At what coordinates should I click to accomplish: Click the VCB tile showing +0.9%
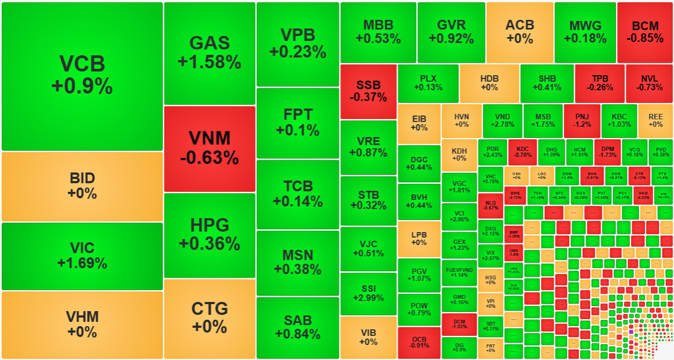click(82, 76)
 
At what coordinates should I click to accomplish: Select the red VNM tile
click(209, 148)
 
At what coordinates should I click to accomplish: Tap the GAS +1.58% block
click(209, 53)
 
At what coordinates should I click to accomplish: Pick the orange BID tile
click(82, 186)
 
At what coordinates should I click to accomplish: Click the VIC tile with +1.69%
click(82, 256)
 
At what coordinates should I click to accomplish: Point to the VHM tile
click(82, 324)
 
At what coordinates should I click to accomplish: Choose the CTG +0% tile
click(209, 318)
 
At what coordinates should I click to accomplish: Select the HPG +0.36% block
click(209, 235)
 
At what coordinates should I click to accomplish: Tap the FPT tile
click(298, 123)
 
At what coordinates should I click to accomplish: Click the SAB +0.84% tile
click(298, 327)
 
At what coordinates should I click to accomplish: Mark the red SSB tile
click(368, 91)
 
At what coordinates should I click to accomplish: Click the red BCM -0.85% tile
click(644, 32)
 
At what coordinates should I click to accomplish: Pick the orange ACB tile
click(520, 32)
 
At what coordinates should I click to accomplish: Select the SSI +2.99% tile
click(368, 293)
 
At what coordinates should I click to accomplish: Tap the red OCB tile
click(419, 342)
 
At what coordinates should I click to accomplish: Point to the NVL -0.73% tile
click(649, 83)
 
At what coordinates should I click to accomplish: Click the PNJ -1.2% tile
click(582, 120)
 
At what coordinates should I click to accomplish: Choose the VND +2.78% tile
click(502, 120)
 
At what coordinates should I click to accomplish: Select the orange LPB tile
click(419, 239)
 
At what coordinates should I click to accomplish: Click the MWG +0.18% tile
click(585, 32)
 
